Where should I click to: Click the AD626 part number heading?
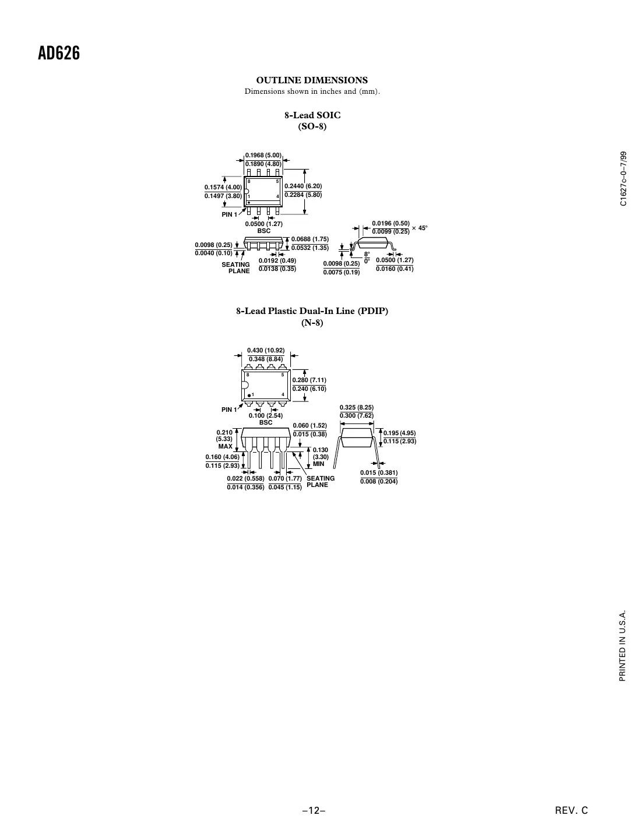click(x=59, y=54)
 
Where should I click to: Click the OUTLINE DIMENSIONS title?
click(x=312, y=80)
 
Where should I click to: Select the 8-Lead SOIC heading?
click(x=312, y=115)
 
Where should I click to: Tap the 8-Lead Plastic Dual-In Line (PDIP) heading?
click(x=312, y=310)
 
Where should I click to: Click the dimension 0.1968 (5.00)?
click(x=263, y=155)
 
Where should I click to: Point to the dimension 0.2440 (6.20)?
click(x=303, y=186)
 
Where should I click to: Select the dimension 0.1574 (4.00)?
click(x=223, y=187)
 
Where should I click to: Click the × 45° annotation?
click(x=420, y=228)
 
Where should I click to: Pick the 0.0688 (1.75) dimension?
click(x=310, y=239)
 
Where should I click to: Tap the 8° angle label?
click(x=367, y=253)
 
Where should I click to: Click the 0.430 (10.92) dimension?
click(x=266, y=350)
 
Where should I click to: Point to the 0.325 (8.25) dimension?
click(x=357, y=407)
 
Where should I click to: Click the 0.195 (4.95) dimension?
click(x=399, y=433)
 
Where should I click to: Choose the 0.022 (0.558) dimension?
click(x=245, y=478)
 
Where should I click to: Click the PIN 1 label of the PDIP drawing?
click(x=229, y=410)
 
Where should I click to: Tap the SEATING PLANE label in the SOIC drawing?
click(x=236, y=268)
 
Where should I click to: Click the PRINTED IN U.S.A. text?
click(x=623, y=647)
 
